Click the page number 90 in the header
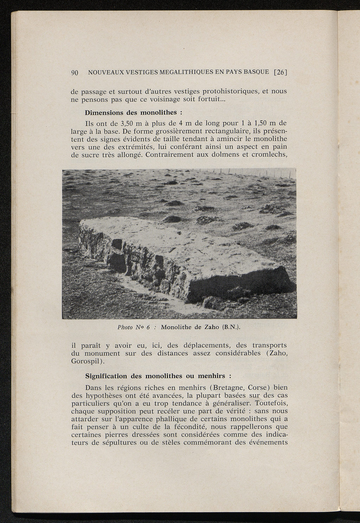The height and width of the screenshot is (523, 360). pos(75,73)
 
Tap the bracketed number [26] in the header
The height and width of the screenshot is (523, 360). pos(281,73)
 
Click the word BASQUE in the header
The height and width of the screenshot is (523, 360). pos(256,73)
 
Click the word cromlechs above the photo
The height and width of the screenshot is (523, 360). pos(270,155)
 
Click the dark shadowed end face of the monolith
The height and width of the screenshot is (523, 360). pos(239,285)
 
